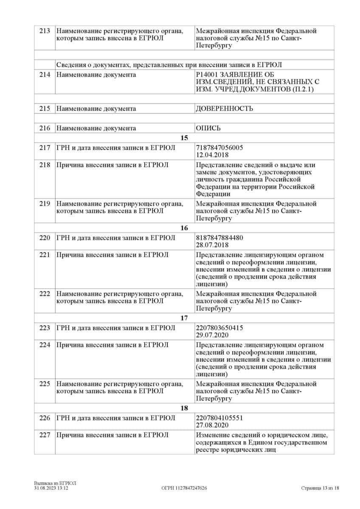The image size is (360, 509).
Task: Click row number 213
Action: [x=45, y=31]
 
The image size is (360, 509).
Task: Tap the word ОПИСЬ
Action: [x=208, y=128]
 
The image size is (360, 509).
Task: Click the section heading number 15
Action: [x=184, y=138]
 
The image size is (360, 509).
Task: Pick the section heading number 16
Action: [x=184, y=228]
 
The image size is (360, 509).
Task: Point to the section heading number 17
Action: [x=184, y=318]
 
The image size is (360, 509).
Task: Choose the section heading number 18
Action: [x=184, y=408]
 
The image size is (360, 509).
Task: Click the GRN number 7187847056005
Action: [x=219, y=147]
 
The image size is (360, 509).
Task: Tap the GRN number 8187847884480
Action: [x=219, y=238]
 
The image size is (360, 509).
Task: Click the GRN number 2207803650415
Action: [x=219, y=327]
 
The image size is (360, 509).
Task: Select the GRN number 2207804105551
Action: [x=219, y=418]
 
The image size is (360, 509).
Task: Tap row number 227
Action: [x=45, y=435]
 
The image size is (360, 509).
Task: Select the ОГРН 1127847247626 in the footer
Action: [x=184, y=488]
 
